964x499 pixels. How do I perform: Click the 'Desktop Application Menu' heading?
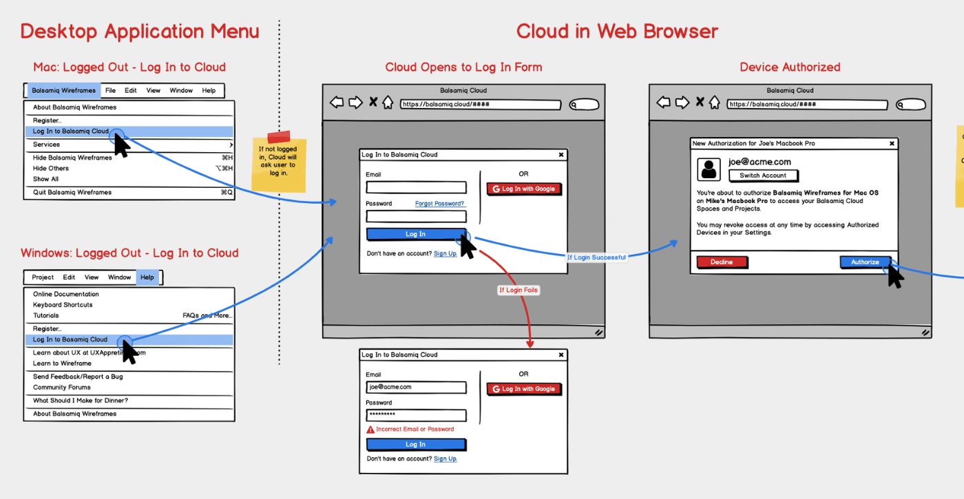pos(140,31)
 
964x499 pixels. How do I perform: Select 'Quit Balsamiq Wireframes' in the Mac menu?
pos(72,192)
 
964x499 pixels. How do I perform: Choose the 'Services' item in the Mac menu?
pos(46,145)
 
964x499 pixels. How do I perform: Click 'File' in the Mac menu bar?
pos(110,90)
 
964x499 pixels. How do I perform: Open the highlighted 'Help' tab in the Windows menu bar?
pos(147,277)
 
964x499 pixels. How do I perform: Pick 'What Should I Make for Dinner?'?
pos(81,401)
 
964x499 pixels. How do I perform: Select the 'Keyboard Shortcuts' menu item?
pos(63,305)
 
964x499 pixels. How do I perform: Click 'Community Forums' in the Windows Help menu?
pos(62,387)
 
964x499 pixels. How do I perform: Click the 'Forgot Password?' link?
pos(440,204)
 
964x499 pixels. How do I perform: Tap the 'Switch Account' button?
pos(763,176)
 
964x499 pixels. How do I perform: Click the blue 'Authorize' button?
pos(865,262)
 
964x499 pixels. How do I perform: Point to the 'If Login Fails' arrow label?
pos(518,290)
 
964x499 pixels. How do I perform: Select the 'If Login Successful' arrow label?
pos(596,257)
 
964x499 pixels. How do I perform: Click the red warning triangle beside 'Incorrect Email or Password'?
pos(370,429)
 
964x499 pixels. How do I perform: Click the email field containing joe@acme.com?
pos(416,387)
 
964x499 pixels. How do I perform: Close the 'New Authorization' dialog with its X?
pos(892,144)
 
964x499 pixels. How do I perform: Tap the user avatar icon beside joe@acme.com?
pos(709,169)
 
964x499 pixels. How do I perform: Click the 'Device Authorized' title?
pos(790,67)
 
